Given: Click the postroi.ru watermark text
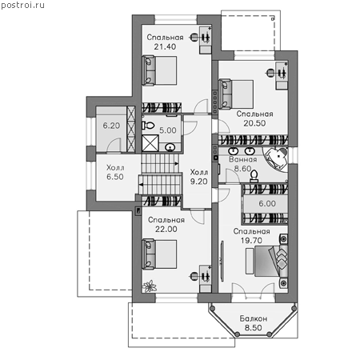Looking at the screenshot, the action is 22,6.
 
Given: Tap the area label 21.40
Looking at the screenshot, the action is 165,46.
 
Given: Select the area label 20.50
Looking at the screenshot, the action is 254,123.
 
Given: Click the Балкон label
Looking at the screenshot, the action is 253,318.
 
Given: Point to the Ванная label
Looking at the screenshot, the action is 243,159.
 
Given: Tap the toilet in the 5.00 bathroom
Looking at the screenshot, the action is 148,126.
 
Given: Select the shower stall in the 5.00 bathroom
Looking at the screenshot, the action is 150,143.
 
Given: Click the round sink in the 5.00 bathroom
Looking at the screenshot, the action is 170,147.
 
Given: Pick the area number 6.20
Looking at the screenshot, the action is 111,126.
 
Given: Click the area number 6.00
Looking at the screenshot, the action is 267,204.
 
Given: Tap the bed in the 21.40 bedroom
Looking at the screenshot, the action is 159,70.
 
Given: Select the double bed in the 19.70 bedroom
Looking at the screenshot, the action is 267,261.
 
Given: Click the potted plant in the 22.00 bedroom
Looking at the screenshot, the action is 150,286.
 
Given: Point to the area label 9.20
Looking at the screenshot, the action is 199,182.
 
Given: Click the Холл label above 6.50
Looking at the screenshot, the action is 115,168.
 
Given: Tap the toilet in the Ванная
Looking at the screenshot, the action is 254,177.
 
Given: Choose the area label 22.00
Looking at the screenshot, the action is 166,229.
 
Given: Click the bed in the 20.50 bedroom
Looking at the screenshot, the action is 236,94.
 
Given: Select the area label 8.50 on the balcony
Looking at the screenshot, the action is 254,328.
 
